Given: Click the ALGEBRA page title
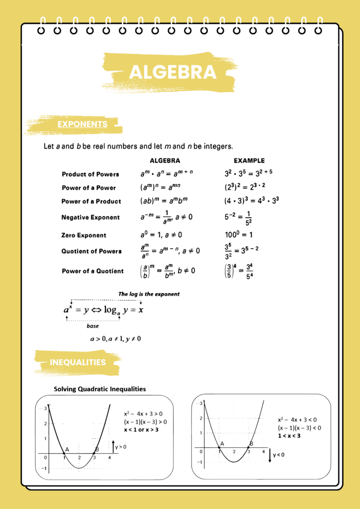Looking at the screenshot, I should [x=173, y=73].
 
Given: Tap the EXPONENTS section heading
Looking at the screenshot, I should [x=82, y=124].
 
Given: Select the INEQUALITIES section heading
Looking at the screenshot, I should [x=78, y=362].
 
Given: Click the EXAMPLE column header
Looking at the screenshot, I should [x=249, y=161].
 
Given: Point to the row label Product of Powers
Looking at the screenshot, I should [x=90, y=174].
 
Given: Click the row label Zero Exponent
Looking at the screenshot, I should [x=84, y=235].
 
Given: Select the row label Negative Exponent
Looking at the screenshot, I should [x=90, y=217].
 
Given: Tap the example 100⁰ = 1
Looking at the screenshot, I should [x=239, y=235].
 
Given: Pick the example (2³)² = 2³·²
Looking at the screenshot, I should [x=245, y=188].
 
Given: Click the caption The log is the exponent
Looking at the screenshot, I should [x=149, y=294].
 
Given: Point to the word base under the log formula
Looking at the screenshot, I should [x=92, y=326].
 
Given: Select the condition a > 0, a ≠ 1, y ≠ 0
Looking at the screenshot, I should [x=115, y=339].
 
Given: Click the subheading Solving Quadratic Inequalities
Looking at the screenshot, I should [x=100, y=389].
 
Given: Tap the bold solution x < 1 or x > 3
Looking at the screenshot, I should [x=141, y=429].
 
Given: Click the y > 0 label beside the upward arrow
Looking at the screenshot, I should [x=120, y=447].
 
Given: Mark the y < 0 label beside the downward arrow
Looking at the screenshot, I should [x=278, y=455].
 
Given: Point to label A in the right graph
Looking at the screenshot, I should [x=222, y=443].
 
